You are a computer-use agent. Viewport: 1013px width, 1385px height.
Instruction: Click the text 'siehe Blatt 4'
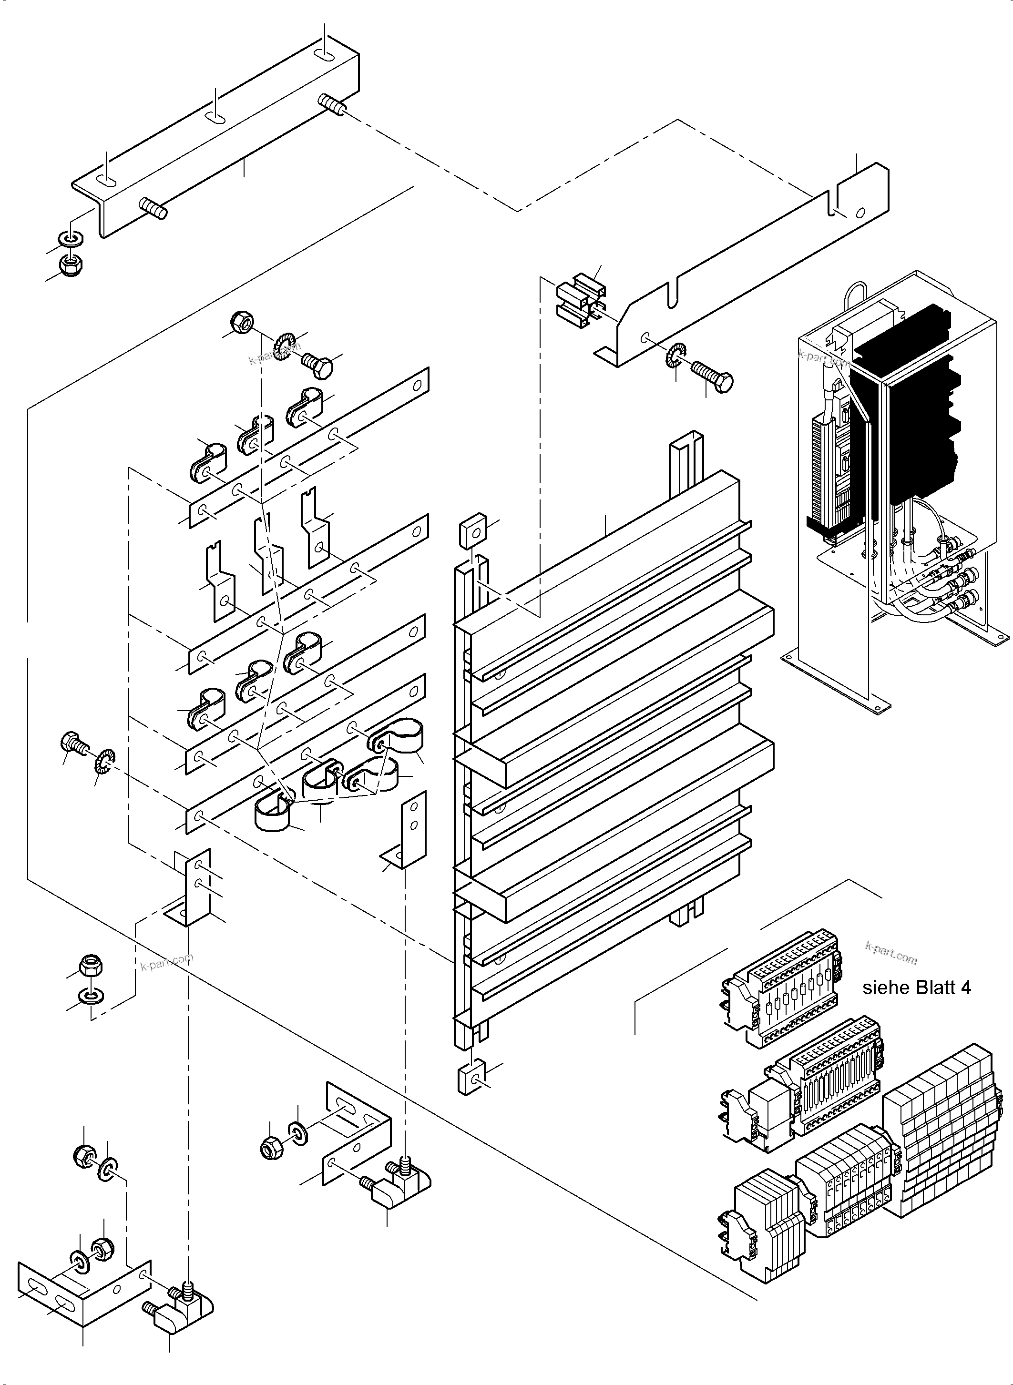(x=916, y=987)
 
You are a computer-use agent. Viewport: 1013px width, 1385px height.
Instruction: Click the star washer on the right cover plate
(x=676, y=355)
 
